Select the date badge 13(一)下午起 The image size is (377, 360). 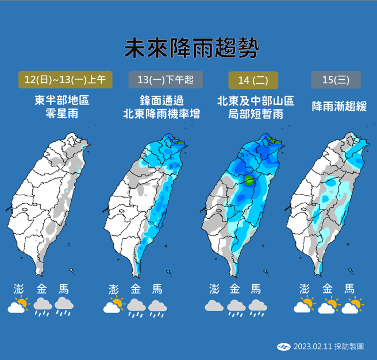(x=161, y=79)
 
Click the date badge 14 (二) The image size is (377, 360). (x=253, y=79)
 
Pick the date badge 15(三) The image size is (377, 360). (x=336, y=79)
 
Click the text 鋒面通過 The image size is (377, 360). (x=161, y=100)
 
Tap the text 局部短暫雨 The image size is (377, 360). (x=255, y=114)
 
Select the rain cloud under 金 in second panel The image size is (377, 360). (x=136, y=307)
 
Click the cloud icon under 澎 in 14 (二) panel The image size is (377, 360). (x=214, y=305)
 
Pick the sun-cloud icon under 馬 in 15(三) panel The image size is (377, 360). (x=352, y=305)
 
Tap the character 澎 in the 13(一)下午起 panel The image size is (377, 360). (x=114, y=289)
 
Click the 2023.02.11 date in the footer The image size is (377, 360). (x=310, y=346)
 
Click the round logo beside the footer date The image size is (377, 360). (x=283, y=346)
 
